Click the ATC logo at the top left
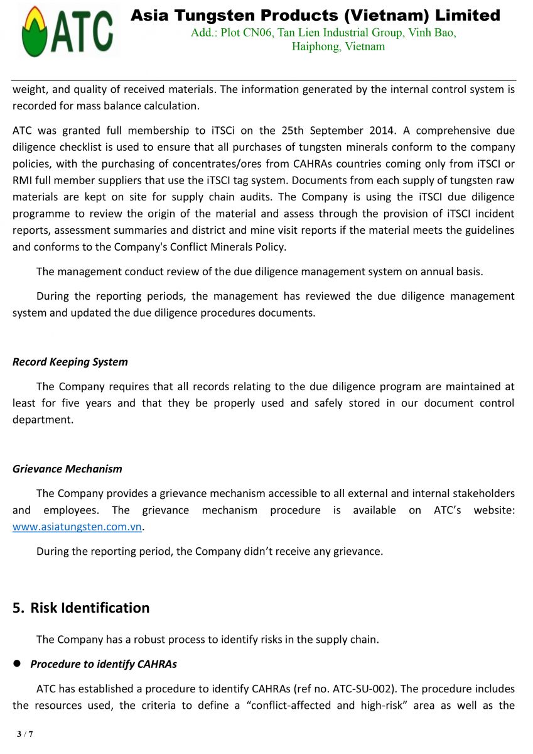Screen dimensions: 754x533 (x=67, y=31)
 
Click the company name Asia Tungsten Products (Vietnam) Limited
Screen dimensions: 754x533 (x=315, y=15)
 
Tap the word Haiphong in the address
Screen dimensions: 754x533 (x=315, y=46)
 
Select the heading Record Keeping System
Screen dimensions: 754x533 (x=70, y=362)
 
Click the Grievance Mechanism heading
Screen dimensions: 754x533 (x=67, y=469)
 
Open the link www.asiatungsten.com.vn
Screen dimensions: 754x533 (x=77, y=527)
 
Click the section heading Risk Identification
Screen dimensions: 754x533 (x=90, y=608)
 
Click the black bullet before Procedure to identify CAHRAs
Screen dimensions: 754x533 (x=18, y=664)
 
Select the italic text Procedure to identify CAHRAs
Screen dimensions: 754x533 (x=104, y=664)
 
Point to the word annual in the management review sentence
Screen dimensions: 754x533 (x=439, y=271)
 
